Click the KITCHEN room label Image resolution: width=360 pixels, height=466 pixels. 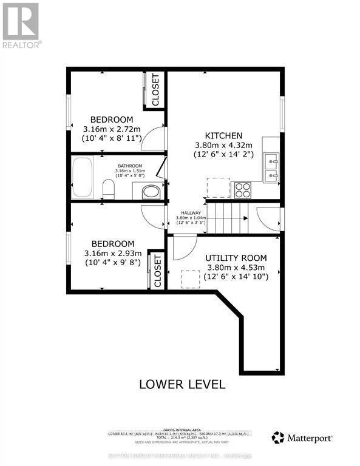click(x=223, y=135)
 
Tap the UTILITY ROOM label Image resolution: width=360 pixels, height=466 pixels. click(x=235, y=258)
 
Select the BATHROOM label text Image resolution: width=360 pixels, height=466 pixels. click(x=130, y=166)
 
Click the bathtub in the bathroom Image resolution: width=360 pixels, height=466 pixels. click(x=81, y=178)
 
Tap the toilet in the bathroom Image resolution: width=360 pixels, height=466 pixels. click(x=109, y=190)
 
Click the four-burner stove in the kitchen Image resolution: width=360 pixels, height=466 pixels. click(x=243, y=190)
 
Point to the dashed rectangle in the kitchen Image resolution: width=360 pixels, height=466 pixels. click(x=218, y=187)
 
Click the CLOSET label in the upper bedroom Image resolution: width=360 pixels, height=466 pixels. click(x=155, y=90)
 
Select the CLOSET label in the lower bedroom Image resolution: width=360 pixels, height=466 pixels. click(x=157, y=271)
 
